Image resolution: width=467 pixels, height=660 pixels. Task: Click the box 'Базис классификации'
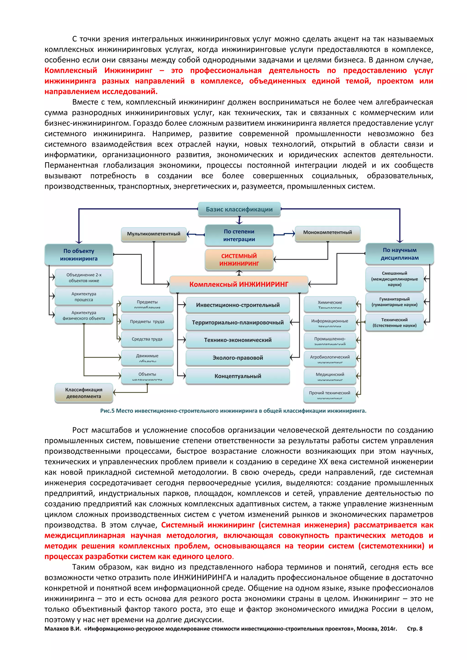239,209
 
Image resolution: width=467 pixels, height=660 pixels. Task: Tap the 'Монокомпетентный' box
327,232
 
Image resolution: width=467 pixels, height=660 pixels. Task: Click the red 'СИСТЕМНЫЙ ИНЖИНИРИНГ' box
239,260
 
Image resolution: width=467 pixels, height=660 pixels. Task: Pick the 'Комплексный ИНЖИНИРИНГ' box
239,284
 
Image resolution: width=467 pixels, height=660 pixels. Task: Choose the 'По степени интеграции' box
239,235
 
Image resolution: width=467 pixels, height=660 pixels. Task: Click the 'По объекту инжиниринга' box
79,255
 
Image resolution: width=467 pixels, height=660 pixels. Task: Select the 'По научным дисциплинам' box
400,254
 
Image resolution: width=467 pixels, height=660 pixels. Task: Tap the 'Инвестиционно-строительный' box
238,305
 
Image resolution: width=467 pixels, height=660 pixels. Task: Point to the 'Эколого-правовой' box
238,358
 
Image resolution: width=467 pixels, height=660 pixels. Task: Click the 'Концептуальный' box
238,376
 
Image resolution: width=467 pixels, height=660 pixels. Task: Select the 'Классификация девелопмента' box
84,393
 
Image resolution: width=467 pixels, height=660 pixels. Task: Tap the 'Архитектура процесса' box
84,297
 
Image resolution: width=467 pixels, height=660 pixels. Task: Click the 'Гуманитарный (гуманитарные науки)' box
394,302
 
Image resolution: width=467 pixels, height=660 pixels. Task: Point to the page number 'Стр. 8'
414,629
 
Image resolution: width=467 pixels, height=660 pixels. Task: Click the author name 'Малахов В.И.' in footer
63,629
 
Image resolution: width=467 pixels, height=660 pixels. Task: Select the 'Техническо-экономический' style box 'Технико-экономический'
238,340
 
